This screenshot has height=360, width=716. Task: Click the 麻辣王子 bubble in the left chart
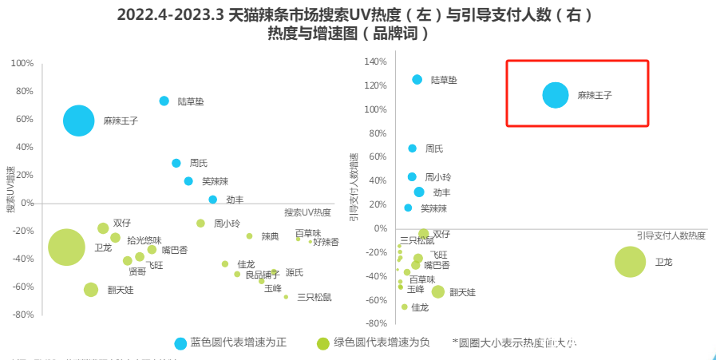78,121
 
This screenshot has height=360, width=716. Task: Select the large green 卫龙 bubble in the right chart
630,262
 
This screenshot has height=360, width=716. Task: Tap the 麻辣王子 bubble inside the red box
556,95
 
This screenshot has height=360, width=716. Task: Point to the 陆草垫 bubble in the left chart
164,101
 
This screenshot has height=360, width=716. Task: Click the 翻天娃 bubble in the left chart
91,290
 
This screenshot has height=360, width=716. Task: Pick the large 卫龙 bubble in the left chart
67,247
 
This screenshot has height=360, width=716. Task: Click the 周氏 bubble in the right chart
413,148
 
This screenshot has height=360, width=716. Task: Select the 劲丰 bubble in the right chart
419,192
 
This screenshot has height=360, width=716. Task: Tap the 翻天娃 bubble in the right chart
438,292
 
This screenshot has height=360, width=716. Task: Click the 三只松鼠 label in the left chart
314,298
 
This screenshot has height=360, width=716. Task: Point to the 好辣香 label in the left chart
326,241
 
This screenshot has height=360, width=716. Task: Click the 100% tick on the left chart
22,64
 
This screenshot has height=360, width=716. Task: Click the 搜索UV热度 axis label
307,212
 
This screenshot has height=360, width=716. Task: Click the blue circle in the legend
180,343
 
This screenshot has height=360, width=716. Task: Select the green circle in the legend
323,343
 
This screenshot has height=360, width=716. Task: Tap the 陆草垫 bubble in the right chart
417,80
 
